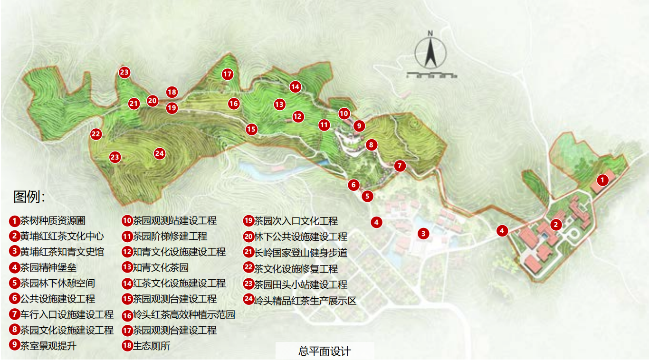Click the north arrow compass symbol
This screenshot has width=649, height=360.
pyautogui.click(x=430, y=52)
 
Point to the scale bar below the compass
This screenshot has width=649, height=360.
pyautogui.click(x=432, y=75)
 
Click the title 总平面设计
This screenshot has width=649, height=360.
pyautogui.click(x=324, y=351)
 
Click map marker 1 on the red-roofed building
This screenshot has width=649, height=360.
pyautogui.click(x=602, y=180)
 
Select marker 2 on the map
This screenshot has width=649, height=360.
pyautogui.click(x=556, y=224)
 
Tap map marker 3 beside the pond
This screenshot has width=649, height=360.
pyautogui.click(x=423, y=233)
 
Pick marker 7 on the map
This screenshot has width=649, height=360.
pyautogui.click(x=400, y=166)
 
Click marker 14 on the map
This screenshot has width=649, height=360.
pyautogui.click(x=296, y=86)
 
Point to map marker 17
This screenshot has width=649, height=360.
pyautogui.click(x=228, y=74)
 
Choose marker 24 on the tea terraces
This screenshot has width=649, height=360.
pyautogui.click(x=160, y=153)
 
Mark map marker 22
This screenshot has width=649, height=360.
pyautogui.click(x=96, y=134)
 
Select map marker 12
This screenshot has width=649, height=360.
pyautogui.click(x=297, y=116)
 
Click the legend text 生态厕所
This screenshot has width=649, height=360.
pyautogui.click(x=151, y=346)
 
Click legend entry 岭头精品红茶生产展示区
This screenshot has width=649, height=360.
pyautogui.click(x=305, y=301)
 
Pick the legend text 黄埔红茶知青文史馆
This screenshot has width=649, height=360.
pyautogui.click(x=62, y=252)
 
